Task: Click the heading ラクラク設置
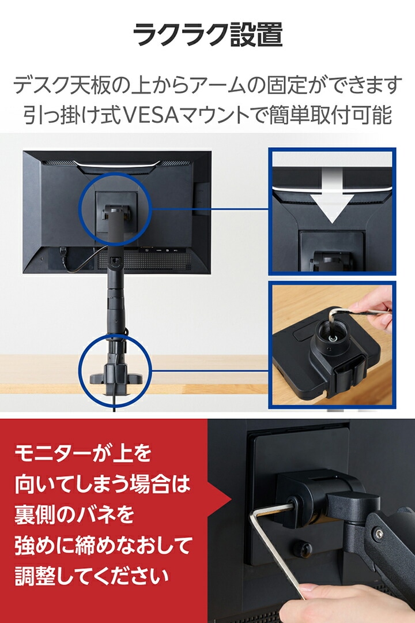pos(207,35)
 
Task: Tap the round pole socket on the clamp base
pos(331,340)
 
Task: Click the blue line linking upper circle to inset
pos(210,209)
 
